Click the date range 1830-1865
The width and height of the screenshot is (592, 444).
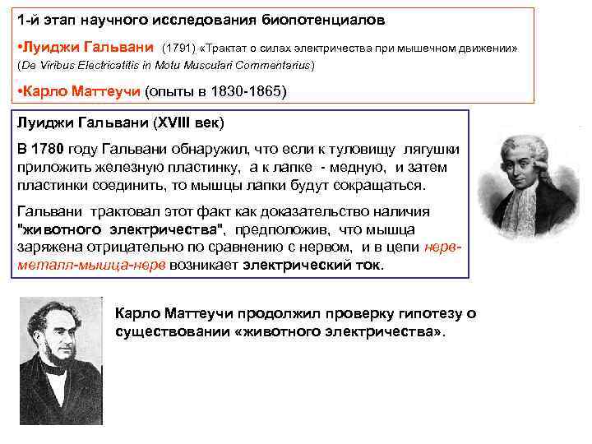pyautogui.click(x=244, y=91)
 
